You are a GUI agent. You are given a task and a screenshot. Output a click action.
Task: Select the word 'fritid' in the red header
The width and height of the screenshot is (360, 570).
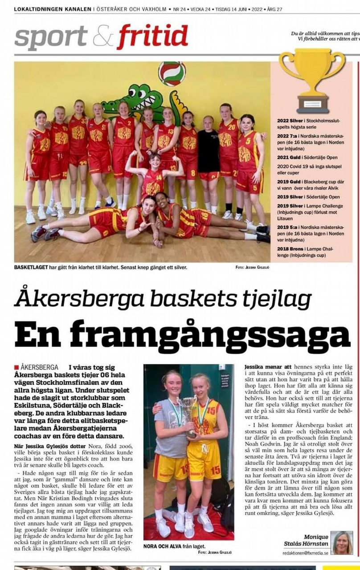(153, 37)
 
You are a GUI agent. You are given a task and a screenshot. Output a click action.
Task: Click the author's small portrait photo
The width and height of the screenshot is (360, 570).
(342, 542)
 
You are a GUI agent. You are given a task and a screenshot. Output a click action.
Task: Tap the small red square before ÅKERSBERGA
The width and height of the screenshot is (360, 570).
(16, 367)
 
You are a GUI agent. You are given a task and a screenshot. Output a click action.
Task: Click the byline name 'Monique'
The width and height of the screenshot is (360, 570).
(316, 537)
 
